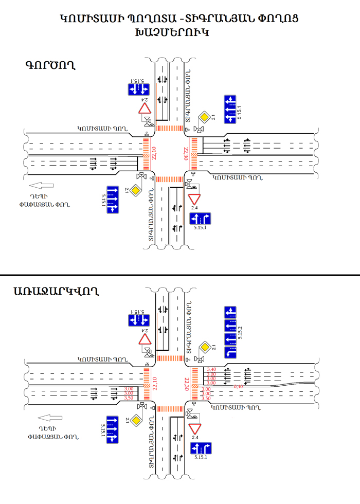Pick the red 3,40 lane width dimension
(211, 369)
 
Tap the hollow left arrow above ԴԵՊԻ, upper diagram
(42, 186)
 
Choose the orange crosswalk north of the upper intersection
(170, 128)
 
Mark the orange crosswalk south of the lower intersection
(170, 408)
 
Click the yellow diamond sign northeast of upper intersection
(204, 117)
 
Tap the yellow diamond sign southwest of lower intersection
(135, 421)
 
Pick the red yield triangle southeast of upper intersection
(194, 199)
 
